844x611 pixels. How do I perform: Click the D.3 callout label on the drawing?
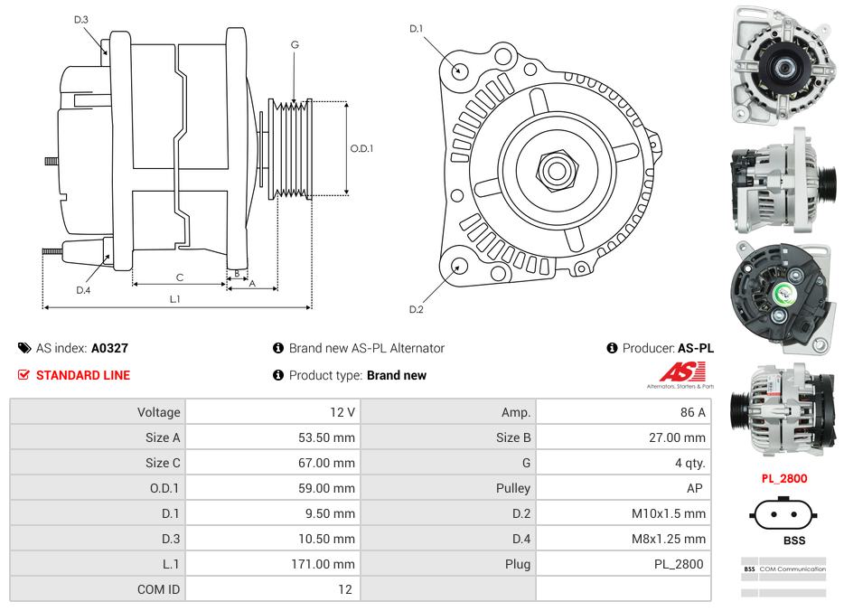(81, 19)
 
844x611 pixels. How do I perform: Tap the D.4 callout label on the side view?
(83, 290)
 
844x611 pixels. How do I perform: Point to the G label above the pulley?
(295, 44)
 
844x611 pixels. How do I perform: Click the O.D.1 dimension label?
(361, 149)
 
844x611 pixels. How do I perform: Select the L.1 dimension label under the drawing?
(175, 299)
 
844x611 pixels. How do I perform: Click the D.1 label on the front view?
(416, 29)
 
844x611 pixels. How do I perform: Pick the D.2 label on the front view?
(416, 310)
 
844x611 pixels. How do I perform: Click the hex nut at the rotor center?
(556, 169)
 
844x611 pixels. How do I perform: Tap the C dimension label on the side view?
(180, 277)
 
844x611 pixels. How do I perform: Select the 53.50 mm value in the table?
(325, 437)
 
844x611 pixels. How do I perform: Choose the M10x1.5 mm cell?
(669, 513)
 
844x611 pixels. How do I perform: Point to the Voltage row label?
(158, 412)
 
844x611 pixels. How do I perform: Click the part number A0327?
(109, 348)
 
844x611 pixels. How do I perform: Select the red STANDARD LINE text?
(82, 375)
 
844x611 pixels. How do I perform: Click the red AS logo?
(682, 371)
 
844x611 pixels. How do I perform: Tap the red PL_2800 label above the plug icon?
(783, 478)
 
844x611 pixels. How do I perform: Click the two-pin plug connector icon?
(783, 516)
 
